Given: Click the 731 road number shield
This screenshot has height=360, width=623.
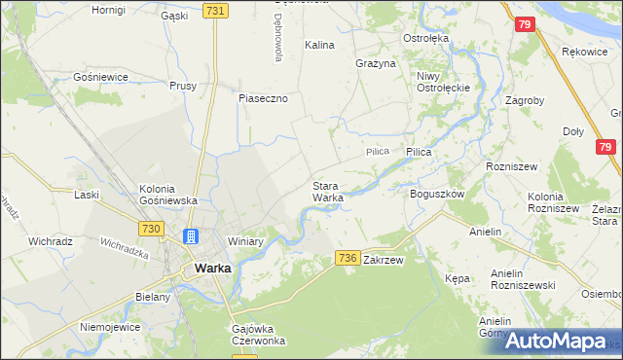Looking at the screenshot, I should pyautogui.click(x=216, y=11).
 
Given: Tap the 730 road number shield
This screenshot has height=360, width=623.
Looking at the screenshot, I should pyautogui.click(x=149, y=228).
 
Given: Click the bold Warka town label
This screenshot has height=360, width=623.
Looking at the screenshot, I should pyautogui.click(x=212, y=268).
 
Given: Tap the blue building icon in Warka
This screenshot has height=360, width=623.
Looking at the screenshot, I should pyautogui.click(x=191, y=236).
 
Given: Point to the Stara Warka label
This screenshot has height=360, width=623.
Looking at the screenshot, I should pyautogui.click(x=327, y=192).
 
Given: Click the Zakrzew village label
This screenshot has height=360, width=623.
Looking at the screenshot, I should pyautogui.click(x=383, y=261).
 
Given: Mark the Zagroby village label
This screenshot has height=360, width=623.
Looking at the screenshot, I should pyautogui.click(x=525, y=100).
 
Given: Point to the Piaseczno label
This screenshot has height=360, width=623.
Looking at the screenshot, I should pyautogui.click(x=263, y=97).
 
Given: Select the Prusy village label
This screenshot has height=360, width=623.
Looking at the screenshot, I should pyautogui.click(x=183, y=85).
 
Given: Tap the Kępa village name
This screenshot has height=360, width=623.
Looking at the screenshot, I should pyautogui.click(x=457, y=278).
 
